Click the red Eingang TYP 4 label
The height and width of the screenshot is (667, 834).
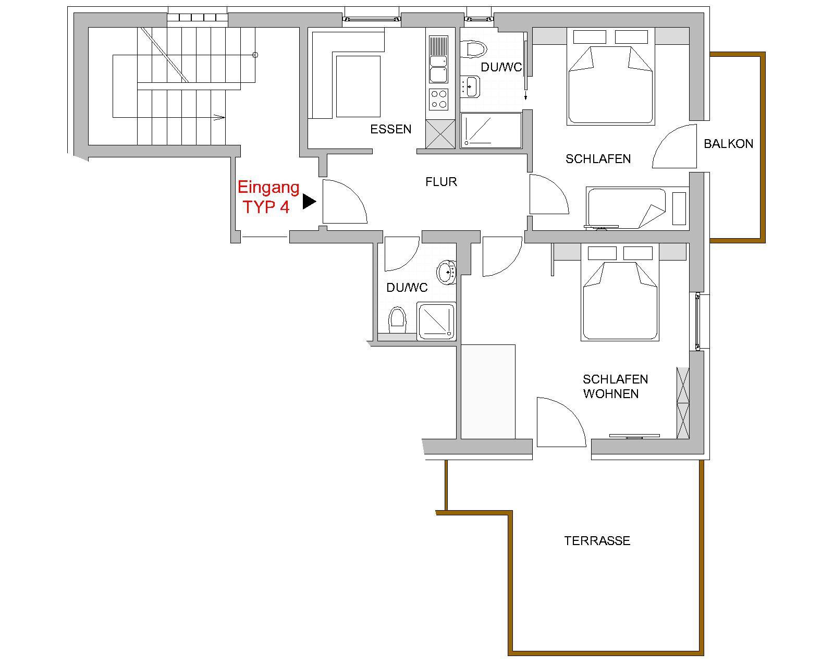[268, 197]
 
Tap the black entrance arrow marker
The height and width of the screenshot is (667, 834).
[309, 202]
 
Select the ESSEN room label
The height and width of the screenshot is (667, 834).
[390, 129]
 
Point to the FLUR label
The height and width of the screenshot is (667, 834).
[441, 182]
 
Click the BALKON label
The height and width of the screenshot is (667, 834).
[729, 144]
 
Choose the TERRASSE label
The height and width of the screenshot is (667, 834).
[597, 541]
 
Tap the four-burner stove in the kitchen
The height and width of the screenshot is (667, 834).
[439, 99]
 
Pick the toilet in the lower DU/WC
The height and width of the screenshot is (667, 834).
[397, 320]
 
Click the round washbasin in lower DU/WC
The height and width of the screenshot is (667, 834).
[447, 273]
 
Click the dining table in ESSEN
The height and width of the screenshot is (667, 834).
[358, 87]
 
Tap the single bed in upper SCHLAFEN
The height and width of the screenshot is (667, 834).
[626, 208]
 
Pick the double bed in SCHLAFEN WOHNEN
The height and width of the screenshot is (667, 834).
[620, 292]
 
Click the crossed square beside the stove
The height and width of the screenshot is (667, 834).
[440, 134]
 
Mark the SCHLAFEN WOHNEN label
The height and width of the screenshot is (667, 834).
[615, 387]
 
